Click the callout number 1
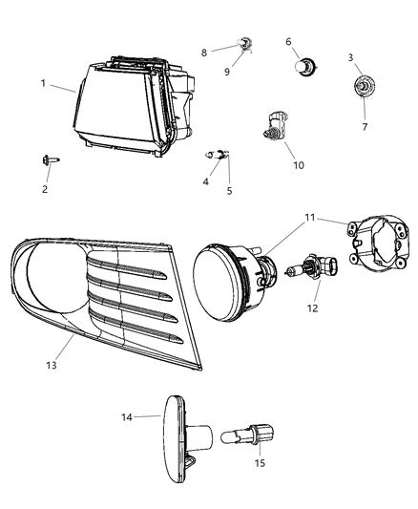(44, 83)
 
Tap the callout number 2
(43, 190)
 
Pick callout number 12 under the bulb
(288, 42)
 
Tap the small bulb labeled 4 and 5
(218, 153)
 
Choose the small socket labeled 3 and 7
(363, 88)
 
